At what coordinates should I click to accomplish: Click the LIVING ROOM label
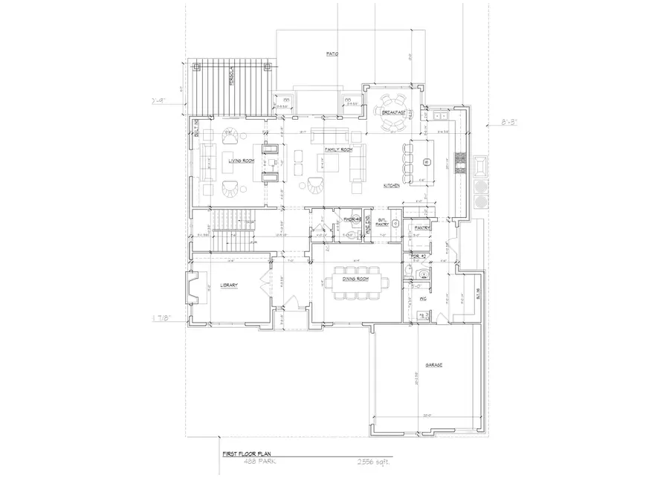tap(242, 160)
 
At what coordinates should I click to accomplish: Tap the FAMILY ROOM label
tap(336, 149)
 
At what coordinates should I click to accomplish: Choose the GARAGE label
tap(434, 365)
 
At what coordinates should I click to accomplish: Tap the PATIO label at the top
tap(332, 54)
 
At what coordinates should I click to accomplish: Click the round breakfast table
tap(390, 112)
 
